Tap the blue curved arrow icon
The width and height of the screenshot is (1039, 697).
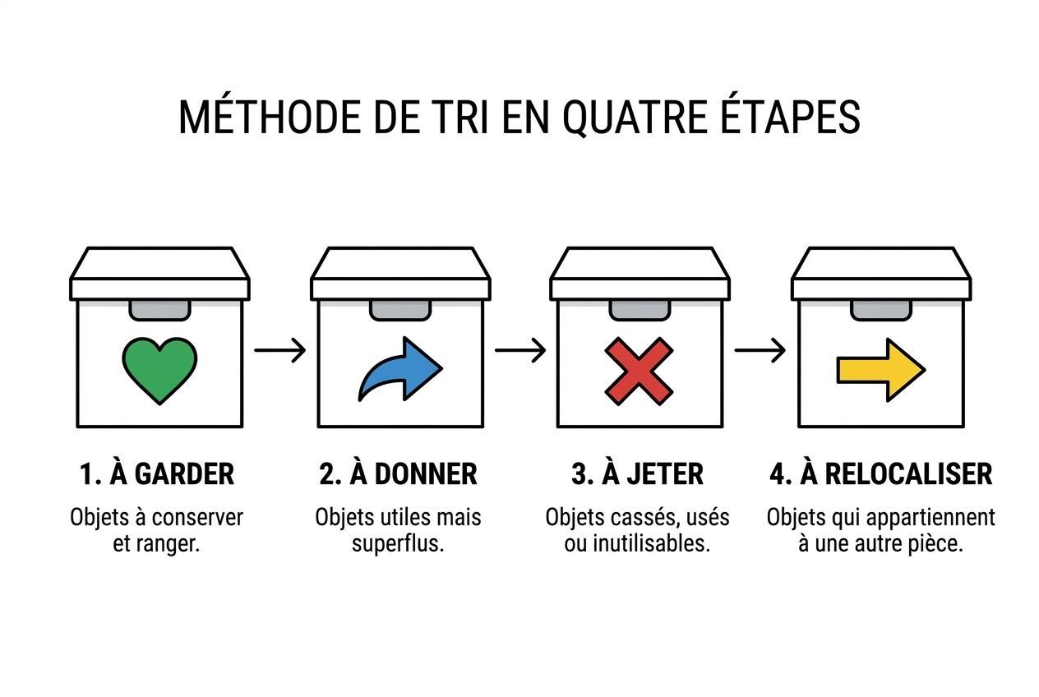(399, 371)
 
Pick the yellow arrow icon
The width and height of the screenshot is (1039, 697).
(880, 370)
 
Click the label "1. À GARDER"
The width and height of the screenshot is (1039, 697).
(157, 474)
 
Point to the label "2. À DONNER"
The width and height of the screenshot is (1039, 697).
(398, 474)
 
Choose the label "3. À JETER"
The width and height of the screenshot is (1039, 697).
(637, 474)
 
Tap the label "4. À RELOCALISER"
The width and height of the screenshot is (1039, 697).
(880, 474)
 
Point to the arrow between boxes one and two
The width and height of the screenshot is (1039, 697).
(279, 351)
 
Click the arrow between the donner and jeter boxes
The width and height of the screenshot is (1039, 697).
(519, 351)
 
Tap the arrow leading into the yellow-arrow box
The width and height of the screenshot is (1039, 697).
(760, 351)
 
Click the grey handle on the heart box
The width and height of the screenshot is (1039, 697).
(159, 310)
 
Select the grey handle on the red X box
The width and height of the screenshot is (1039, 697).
(640, 310)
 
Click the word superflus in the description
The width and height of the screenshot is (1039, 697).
(398, 544)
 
